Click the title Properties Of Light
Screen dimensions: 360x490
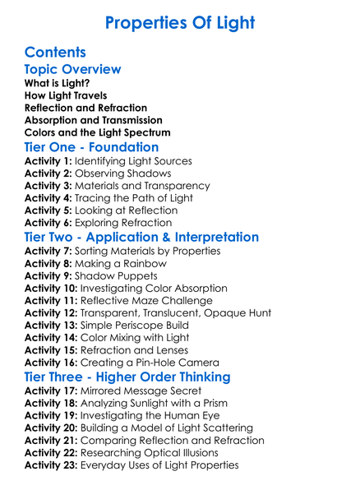click(180, 21)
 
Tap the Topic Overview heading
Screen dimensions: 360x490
click(73, 70)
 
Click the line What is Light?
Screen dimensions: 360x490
click(58, 84)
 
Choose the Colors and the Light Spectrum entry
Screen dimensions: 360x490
click(98, 132)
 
